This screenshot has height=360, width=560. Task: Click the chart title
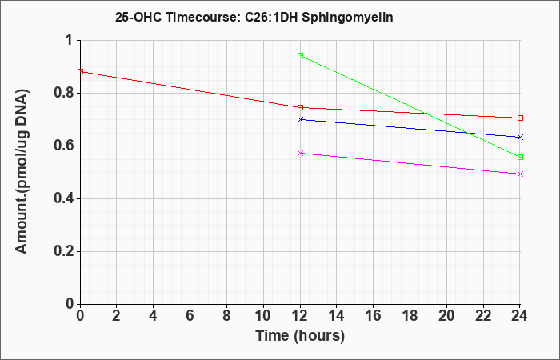(254, 17)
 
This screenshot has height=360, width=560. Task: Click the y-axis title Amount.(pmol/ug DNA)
(22, 172)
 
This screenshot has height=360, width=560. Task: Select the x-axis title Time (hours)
(300, 336)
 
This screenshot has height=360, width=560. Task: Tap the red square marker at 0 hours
(80, 72)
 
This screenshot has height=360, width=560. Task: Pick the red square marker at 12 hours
(300, 107)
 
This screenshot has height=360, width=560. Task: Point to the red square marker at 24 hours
(520, 118)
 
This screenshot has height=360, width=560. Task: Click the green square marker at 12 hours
(300, 56)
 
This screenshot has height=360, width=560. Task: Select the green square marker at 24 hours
(520, 157)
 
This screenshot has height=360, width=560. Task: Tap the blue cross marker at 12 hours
(300, 120)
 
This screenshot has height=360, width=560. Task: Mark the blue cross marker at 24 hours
(520, 137)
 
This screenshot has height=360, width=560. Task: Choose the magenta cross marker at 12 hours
(300, 154)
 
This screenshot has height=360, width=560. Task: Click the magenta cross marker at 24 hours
(520, 174)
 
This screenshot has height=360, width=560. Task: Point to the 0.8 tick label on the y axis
(63, 94)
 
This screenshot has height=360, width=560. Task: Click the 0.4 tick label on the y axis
(63, 199)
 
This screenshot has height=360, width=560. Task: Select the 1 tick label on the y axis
(70, 40)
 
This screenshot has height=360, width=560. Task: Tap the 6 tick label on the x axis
(190, 316)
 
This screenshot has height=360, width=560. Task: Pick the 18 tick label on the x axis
(410, 316)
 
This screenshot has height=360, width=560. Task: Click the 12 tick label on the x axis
(300, 316)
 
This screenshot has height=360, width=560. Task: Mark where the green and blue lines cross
(467, 133)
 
